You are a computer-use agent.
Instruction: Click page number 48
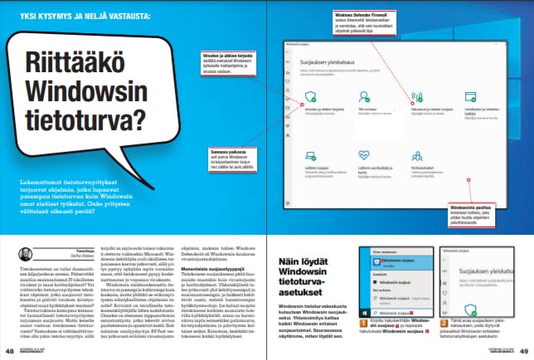pyautogui.click(x=8, y=352)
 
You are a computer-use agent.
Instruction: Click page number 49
pyautogui.click(x=525, y=352)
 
